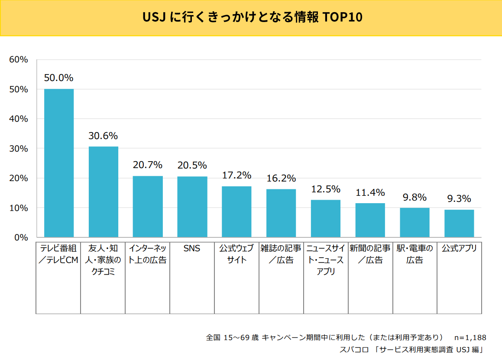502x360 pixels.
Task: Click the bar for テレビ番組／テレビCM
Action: (59, 163)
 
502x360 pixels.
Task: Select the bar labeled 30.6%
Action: (104, 192)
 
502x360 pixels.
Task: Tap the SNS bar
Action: (192, 207)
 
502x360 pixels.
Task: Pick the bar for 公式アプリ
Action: (459, 224)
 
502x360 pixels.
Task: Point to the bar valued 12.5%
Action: (326, 218)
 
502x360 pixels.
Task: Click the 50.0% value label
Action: (59, 78)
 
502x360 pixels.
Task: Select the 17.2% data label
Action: (236, 175)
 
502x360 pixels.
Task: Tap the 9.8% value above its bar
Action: (415, 198)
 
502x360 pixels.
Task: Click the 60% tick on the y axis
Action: (19, 60)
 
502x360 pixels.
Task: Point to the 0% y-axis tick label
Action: (21, 238)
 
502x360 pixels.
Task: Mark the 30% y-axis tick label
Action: (19, 149)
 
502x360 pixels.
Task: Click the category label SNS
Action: (192, 249)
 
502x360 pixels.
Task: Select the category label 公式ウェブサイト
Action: (236, 254)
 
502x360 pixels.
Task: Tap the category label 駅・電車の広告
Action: (415, 254)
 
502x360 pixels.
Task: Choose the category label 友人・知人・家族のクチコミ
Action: (104, 260)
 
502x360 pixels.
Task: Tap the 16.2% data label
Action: (281, 178)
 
